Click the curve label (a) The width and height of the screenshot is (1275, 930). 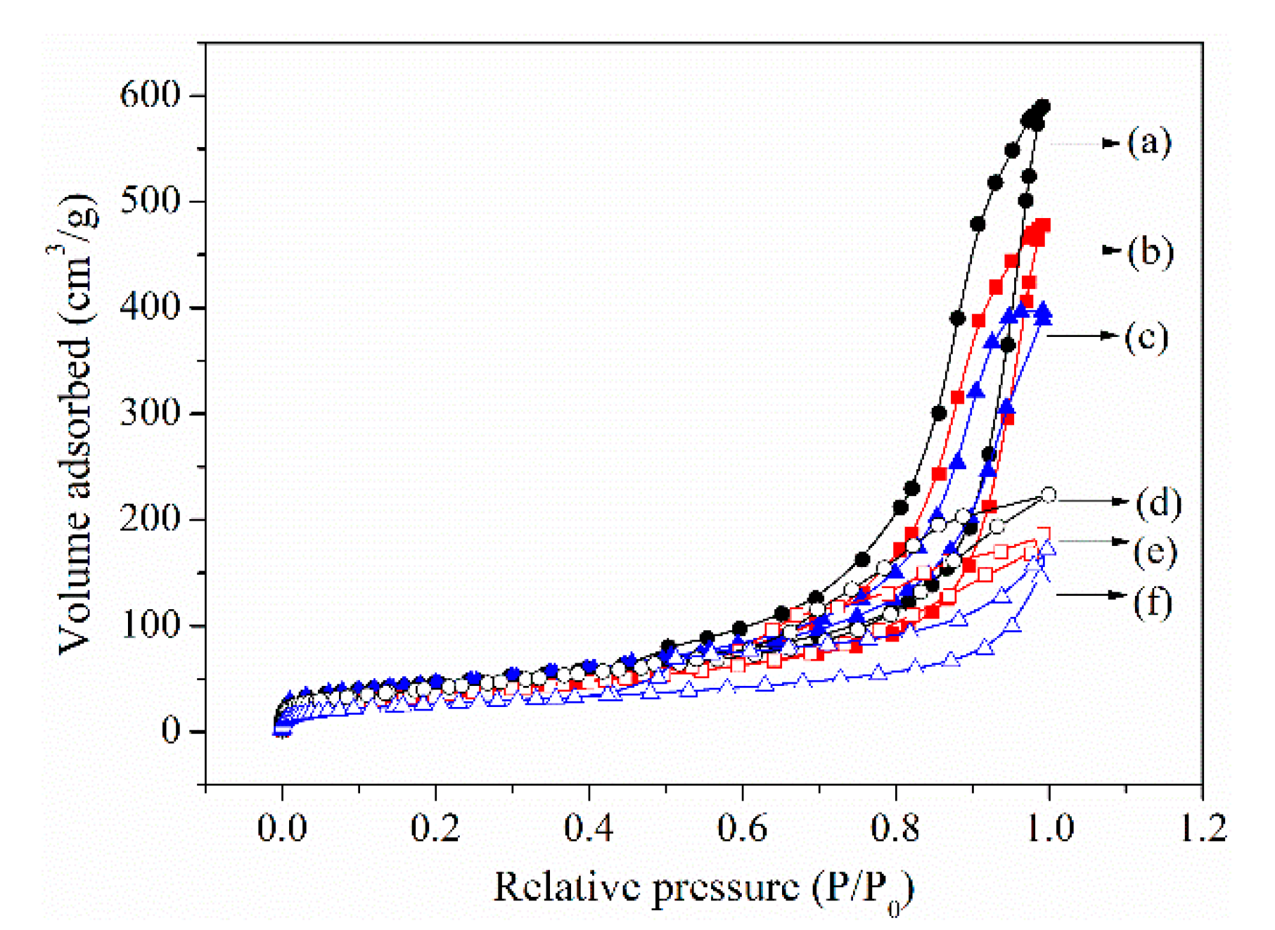(x=1149, y=144)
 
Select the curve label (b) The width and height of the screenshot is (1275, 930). (x=1151, y=252)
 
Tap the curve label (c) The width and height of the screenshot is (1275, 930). (x=1146, y=337)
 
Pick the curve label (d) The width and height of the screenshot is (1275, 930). (x=1158, y=503)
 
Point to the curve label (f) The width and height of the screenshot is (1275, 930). (x=1153, y=603)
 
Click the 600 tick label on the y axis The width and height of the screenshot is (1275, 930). (x=150, y=94)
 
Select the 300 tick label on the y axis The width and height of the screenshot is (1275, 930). (x=150, y=412)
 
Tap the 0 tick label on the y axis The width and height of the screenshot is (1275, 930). (x=171, y=731)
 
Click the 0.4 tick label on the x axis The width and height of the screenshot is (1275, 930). (x=589, y=828)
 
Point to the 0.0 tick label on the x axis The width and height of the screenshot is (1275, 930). (x=282, y=828)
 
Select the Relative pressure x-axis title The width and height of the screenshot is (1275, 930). (x=703, y=888)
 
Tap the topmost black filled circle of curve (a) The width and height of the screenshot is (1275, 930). (x=1043, y=106)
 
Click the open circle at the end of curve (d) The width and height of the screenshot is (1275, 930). (x=1048, y=495)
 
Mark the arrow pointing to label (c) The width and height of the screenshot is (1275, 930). (x=1083, y=336)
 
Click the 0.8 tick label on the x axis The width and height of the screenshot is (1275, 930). (x=895, y=828)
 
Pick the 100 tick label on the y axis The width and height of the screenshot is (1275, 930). (x=150, y=625)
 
